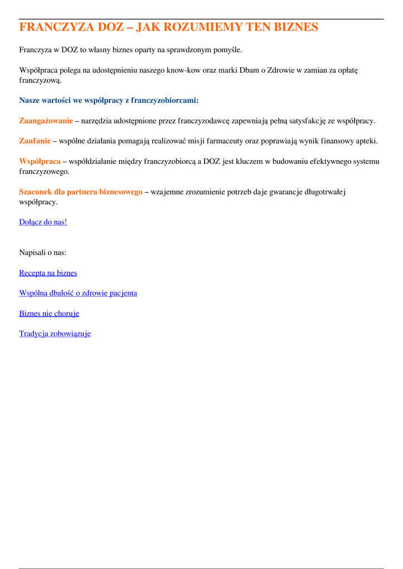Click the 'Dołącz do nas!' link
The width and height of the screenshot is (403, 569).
(43, 222)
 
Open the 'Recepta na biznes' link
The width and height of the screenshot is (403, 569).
(48, 273)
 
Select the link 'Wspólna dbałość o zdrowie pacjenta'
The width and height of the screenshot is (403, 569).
(78, 293)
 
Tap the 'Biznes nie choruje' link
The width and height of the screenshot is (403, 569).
(49, 313)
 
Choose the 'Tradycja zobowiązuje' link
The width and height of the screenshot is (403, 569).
(54, 334)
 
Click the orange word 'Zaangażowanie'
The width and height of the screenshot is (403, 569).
(46, 121)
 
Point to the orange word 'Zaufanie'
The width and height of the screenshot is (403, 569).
(35, 141)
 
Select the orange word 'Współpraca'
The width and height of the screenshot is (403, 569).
(40, 161)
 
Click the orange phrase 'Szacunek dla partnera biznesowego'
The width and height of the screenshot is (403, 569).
(81, 192)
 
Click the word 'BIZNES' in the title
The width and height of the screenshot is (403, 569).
(295, 27)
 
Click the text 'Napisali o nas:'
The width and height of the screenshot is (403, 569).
(43, 253)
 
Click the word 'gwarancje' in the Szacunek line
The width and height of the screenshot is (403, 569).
(287, 192)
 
